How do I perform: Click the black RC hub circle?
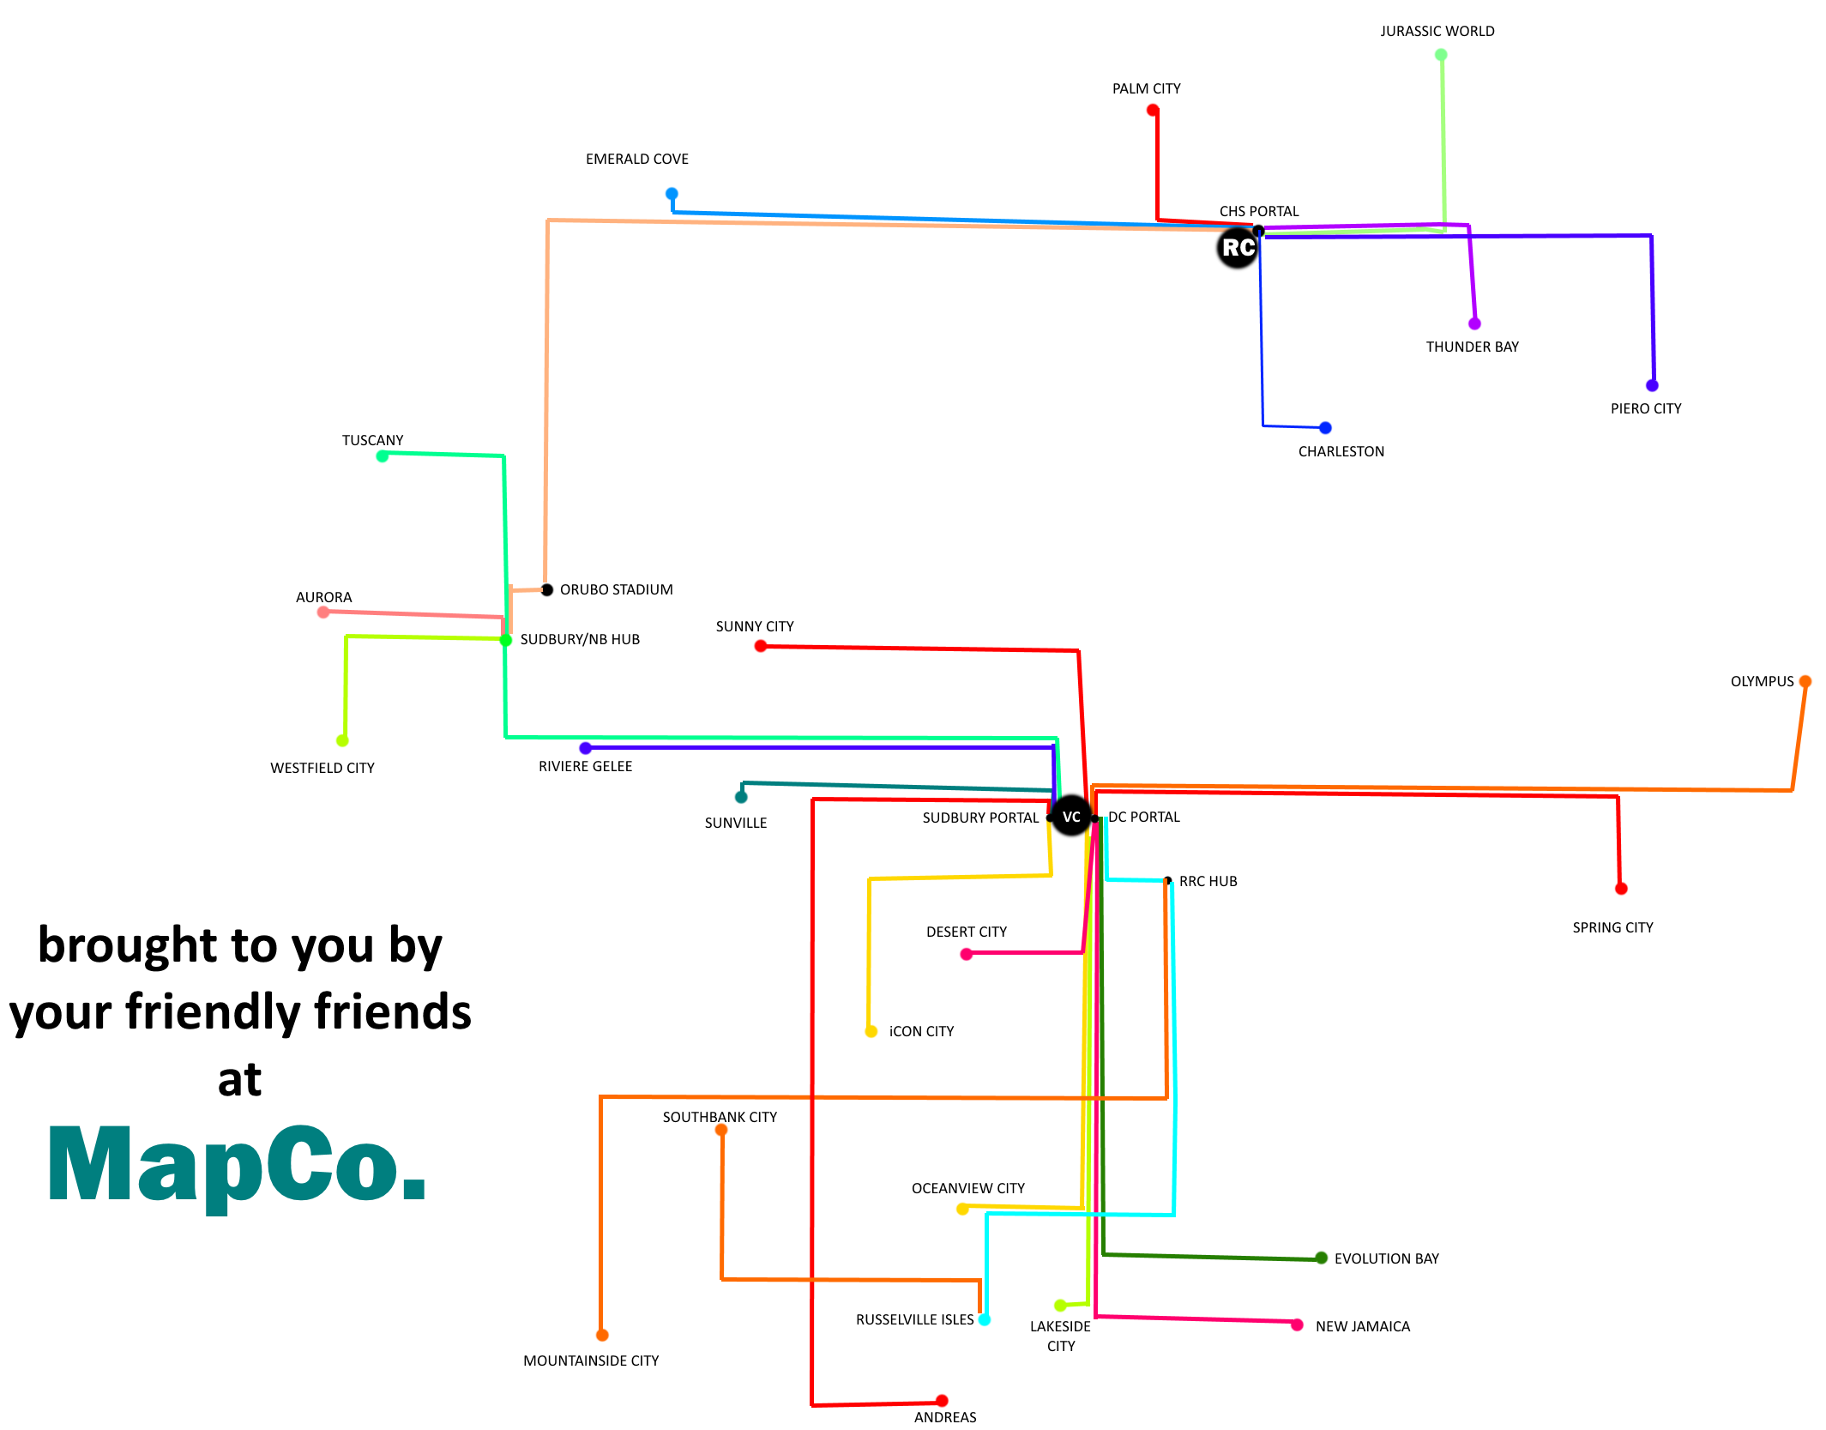[1237, 248]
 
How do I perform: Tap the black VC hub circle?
[1071, 816]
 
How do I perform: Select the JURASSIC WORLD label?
[1437, 32]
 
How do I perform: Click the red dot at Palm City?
[1153, 111]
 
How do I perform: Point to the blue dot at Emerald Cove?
[672, 194]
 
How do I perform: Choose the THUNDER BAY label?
[1472, 347]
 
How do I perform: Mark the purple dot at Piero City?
[1652, 385]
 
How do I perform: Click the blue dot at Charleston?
[1325, 427]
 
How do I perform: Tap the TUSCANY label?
[372, 440]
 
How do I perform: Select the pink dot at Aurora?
[323, 612]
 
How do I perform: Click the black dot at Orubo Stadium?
[546, 589]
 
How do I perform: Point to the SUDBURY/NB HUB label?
[580, 639]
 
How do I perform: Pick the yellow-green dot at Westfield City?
[342, 740]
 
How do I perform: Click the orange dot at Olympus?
[1805, 681]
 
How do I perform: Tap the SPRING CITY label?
[1612, 927]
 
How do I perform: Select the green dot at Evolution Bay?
[1321, 1258]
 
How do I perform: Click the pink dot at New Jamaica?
[1297, 1324]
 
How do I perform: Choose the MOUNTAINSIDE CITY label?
[591, 1361]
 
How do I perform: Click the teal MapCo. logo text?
[238, 1165]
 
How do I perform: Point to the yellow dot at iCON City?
[871, 1031]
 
